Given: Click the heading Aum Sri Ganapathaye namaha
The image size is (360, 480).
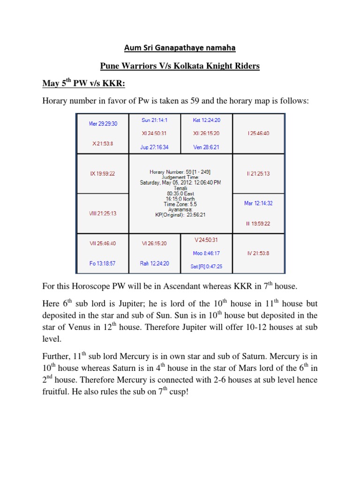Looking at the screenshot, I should point(180,48).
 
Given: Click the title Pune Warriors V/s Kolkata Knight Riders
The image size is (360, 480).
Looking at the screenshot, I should point(180,66).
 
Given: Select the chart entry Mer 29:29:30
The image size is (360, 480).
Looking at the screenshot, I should point(103,124).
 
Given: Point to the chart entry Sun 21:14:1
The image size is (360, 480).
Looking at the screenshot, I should point(154,120).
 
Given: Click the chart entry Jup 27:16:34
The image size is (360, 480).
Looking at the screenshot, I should point(154,147).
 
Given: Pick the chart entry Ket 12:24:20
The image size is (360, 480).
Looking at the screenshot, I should point(206,120).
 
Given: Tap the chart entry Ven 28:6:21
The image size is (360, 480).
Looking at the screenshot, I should point(206,147).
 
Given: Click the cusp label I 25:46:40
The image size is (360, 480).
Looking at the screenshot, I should point(258,134).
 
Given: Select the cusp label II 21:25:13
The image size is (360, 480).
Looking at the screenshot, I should point(258,173).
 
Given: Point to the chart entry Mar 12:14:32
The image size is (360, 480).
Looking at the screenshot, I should point(258,203).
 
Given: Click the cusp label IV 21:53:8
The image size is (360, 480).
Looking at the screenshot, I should point(258,254).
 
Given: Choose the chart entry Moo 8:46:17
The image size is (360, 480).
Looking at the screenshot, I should point(206,253).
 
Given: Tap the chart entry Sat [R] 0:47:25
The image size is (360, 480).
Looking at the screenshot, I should point(206,266).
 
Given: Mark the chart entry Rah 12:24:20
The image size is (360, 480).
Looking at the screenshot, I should point(154,263).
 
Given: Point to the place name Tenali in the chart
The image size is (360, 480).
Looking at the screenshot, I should point(180,188).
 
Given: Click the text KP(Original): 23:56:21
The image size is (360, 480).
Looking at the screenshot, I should point(180,215).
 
